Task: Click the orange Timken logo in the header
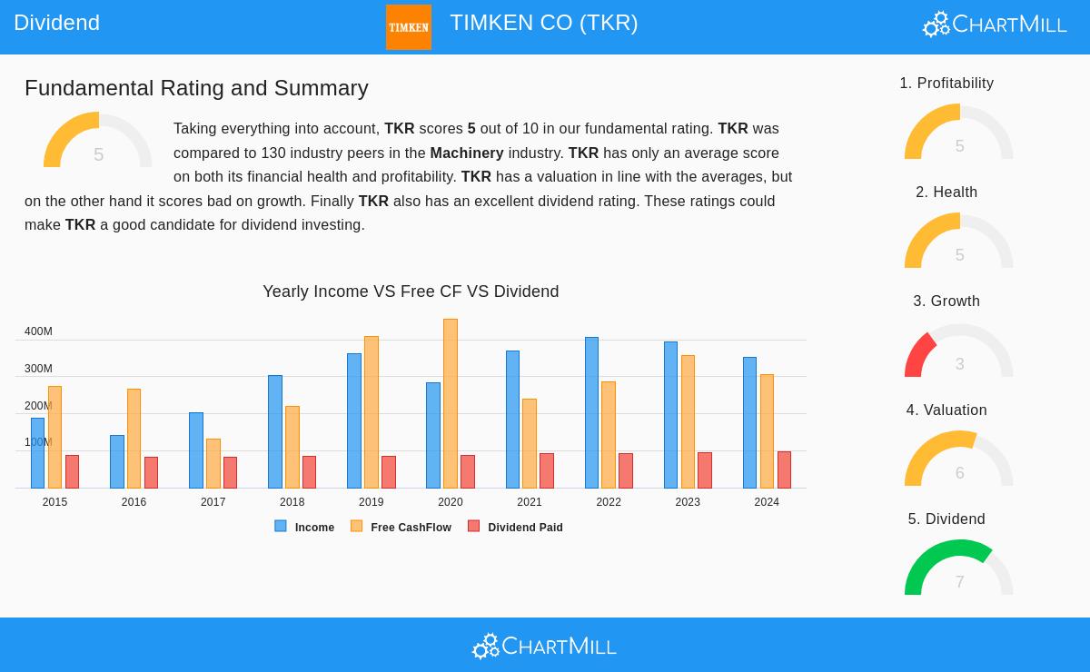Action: coord(408,27)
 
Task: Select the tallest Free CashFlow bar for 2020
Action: coord(451,403)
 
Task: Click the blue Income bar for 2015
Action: coord(37,452)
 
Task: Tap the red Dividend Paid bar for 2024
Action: coord(784,469)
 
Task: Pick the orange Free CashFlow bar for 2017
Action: coord(213,463)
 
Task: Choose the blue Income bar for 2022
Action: coord(591,412)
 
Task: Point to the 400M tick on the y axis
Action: coord(38,331)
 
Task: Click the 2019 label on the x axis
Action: coord(371,502)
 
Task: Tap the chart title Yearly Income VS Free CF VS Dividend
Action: coord(411,292)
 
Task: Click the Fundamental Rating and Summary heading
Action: coord(196,88)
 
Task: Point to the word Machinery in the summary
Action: coord(466,153)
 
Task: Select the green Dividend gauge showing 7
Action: coord(958,568)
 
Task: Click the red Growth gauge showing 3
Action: coord(958,351)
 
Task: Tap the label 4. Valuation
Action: coord(946,410)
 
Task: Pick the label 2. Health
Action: coord(946,193)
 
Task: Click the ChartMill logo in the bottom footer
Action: coord(544,646)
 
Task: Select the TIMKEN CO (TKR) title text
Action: coord(543,23)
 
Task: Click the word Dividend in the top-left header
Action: coord(56,23)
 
